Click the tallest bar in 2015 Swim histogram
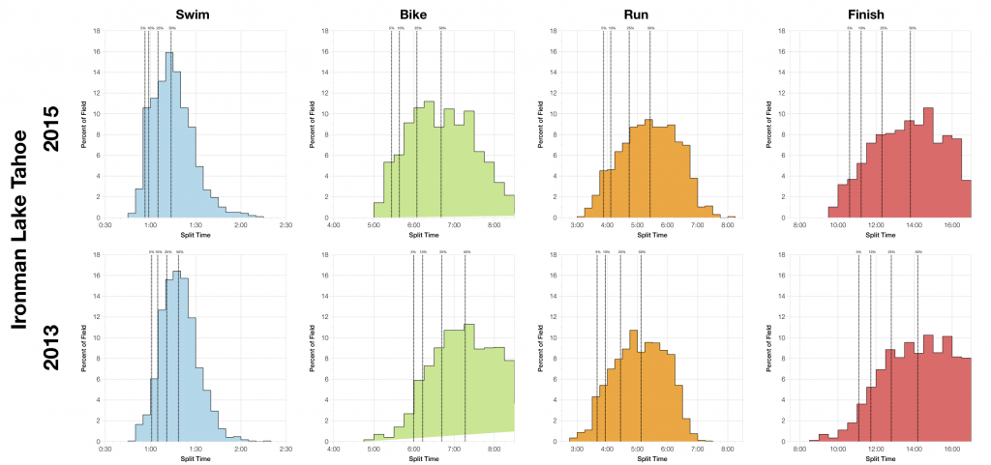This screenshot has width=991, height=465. coord(168,135)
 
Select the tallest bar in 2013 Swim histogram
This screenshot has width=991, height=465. coord(176,356)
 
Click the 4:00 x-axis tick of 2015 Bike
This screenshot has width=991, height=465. coord(334,225)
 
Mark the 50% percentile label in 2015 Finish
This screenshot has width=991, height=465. coord(912,29)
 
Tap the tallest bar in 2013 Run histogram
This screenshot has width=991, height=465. coord(632,386)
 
